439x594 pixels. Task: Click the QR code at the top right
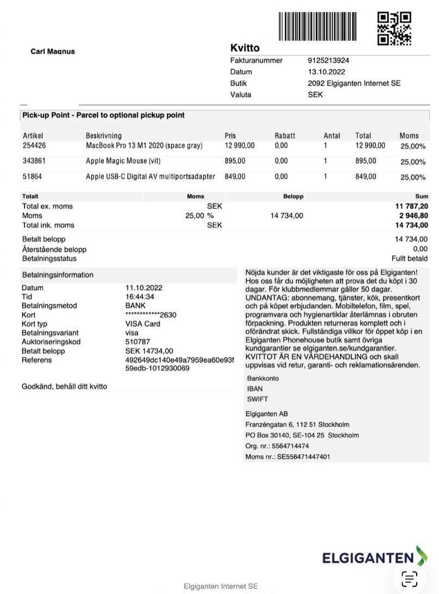[394, 28]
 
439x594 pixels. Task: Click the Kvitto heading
[245, 48]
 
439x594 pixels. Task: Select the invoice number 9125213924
[329, 60]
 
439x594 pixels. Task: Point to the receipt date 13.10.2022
[326, 72]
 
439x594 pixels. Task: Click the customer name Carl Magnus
[53, 52]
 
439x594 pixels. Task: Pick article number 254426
[34, 146]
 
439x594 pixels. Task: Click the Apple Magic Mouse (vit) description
[123, 161]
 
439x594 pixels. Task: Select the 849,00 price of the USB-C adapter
[235, 176]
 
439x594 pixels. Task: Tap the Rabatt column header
[285, 136]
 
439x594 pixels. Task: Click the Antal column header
[332, 136]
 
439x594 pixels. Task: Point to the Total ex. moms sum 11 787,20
[411, 207]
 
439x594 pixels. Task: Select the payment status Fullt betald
[410, 259]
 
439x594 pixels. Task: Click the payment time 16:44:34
[140, 297]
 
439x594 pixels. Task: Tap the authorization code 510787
[137, 342]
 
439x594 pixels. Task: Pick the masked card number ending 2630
[151, 315]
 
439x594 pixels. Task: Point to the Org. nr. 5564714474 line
[277, 446]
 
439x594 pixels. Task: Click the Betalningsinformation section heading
[58, 275]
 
